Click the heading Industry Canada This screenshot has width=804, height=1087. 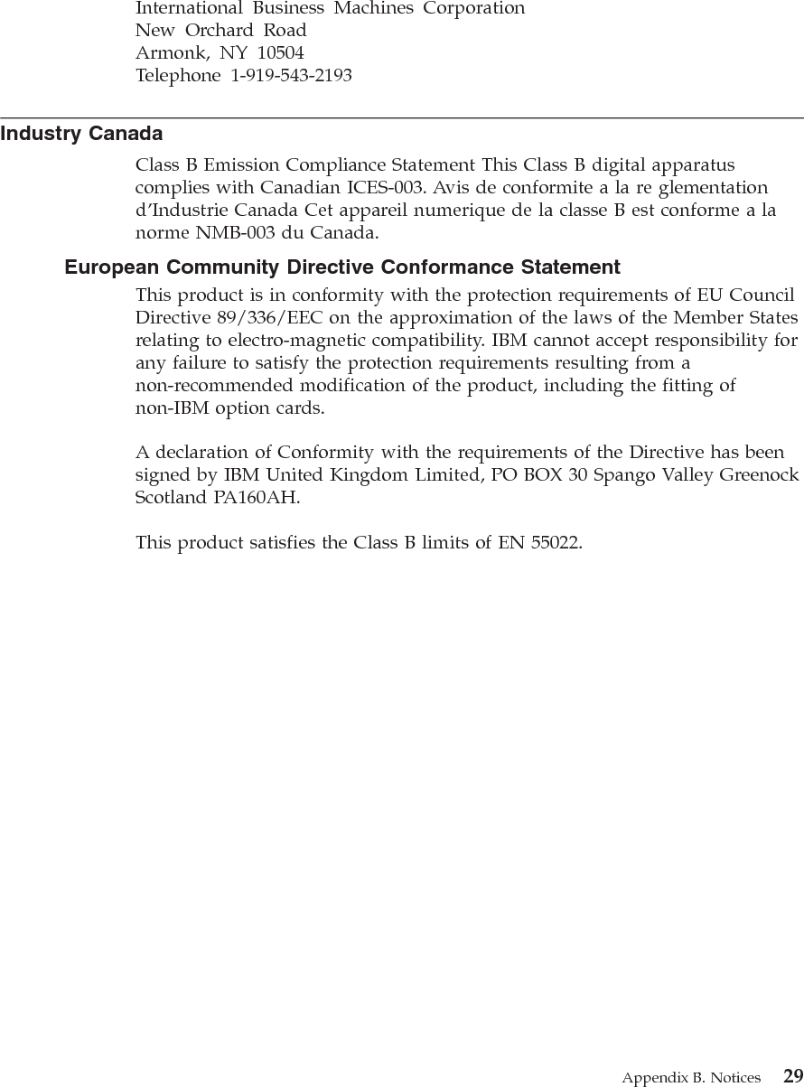[81, 135]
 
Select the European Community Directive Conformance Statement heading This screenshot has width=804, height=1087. [342, 267]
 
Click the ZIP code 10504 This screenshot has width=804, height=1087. [280, 52]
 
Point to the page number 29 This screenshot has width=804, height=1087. [792, 1075]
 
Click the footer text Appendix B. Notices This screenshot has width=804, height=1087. [690, 1077]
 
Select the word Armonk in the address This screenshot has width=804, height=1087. [166, 53]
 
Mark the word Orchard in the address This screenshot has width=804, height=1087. [222, 30]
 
